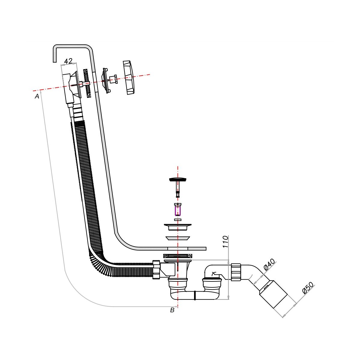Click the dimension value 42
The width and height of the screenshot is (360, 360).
coord(68,61)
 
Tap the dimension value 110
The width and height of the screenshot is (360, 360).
coord(226,241)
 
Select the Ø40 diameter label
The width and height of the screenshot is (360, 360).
coord(269,264)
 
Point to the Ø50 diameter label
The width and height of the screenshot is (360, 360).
coord(308,287)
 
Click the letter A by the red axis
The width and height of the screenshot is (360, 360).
coord(37,96)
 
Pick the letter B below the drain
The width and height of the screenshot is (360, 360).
coord(172,310)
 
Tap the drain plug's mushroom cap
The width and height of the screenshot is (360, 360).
coord(178,180)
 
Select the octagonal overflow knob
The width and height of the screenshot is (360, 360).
coord(129,78)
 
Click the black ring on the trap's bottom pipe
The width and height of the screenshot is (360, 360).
coord(195,295)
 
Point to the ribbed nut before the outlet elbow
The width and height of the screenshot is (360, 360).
coord(236,272)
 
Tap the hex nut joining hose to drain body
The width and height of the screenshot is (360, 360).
coord(156,270)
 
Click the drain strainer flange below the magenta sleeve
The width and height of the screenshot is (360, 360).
coord(178,226)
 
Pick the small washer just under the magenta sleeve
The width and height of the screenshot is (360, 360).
coord(178,220)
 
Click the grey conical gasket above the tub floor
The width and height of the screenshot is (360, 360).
coord(178,238)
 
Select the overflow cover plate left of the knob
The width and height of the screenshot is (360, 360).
coord(106,80)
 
